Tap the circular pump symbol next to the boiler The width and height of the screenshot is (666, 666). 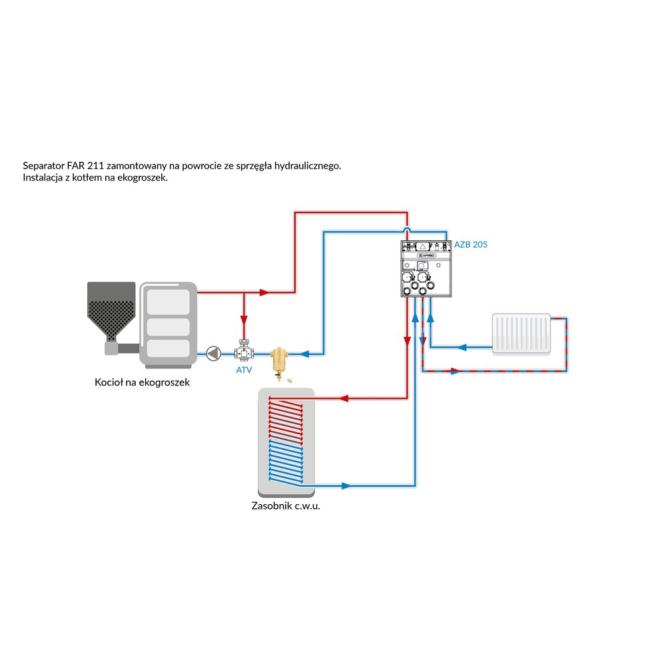coord(213,353)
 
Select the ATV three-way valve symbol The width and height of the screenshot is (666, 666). coord(244,352)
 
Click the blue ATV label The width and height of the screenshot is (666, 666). coord(244,370)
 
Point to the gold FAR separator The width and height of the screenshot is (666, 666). coord(278,359)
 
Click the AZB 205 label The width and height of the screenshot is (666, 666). coord(471,244)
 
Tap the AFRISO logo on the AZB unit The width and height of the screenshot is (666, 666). coord(426,255)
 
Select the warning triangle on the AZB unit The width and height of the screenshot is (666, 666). coord(422,246)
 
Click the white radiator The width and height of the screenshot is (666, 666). coord(522,333)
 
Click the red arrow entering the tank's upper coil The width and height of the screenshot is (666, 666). coord(345,399)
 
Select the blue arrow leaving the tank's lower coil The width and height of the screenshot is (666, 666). coord(344,486)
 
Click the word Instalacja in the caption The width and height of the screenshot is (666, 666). coord(43,178)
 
